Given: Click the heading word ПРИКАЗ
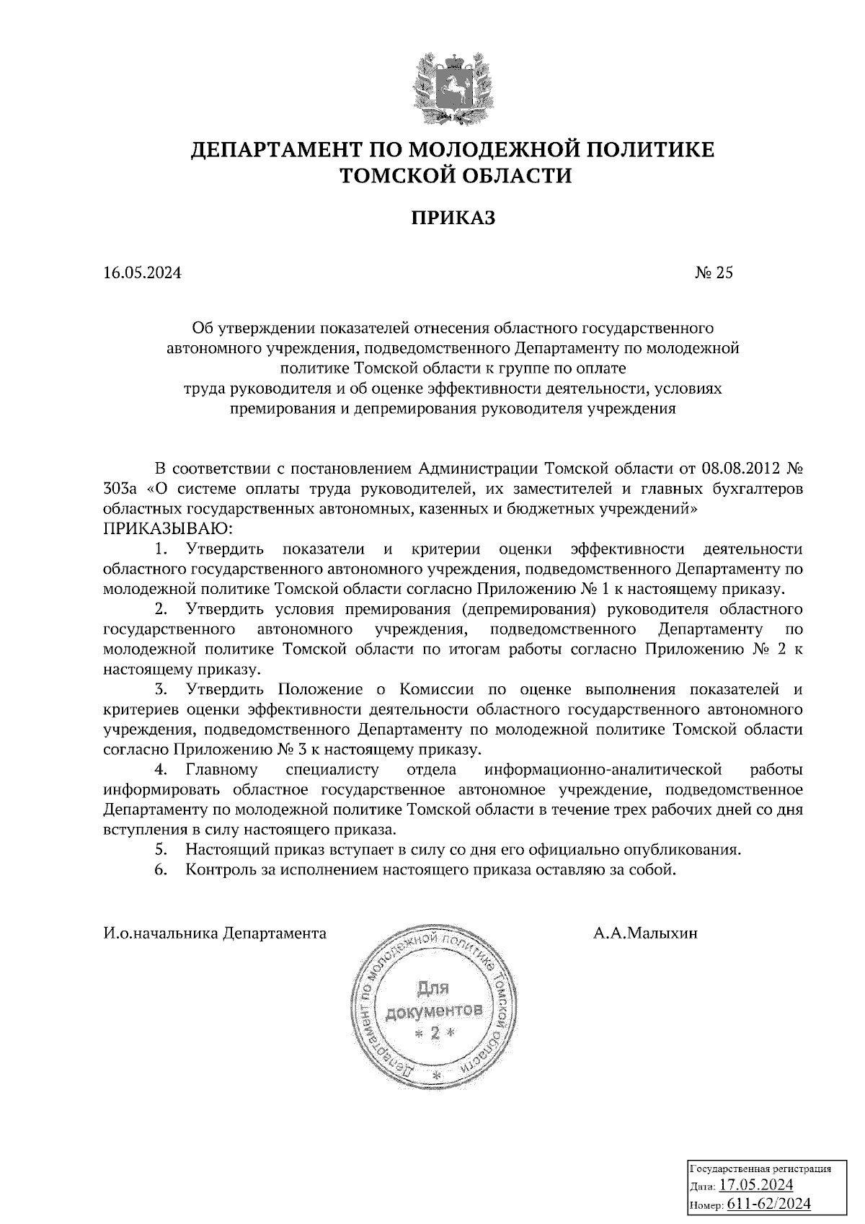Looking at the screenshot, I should pyautogui.click(x=453, y=219).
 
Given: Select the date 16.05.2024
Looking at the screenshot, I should pyautogui.click(x=143, y=272).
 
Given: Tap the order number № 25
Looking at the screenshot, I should pyautogui.click(x=714, y=272).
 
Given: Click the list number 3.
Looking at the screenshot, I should pyautogui.click(x=161, y=690).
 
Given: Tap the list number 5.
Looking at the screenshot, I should pyautogui.click(x=161, y=849).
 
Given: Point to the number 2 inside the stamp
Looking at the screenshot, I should pyautogui.click(x=434, y=1034).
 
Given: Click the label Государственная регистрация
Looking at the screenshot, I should pyautogui.click(x=761, y=1168).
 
